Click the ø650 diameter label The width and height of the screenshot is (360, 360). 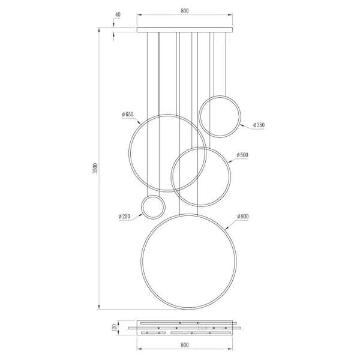point(127,114)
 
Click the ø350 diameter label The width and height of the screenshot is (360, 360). point(259,125)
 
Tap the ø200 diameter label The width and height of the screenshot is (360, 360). point(125,216)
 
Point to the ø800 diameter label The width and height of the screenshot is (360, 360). point(242,216)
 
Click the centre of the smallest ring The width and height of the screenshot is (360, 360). point(152,207)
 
